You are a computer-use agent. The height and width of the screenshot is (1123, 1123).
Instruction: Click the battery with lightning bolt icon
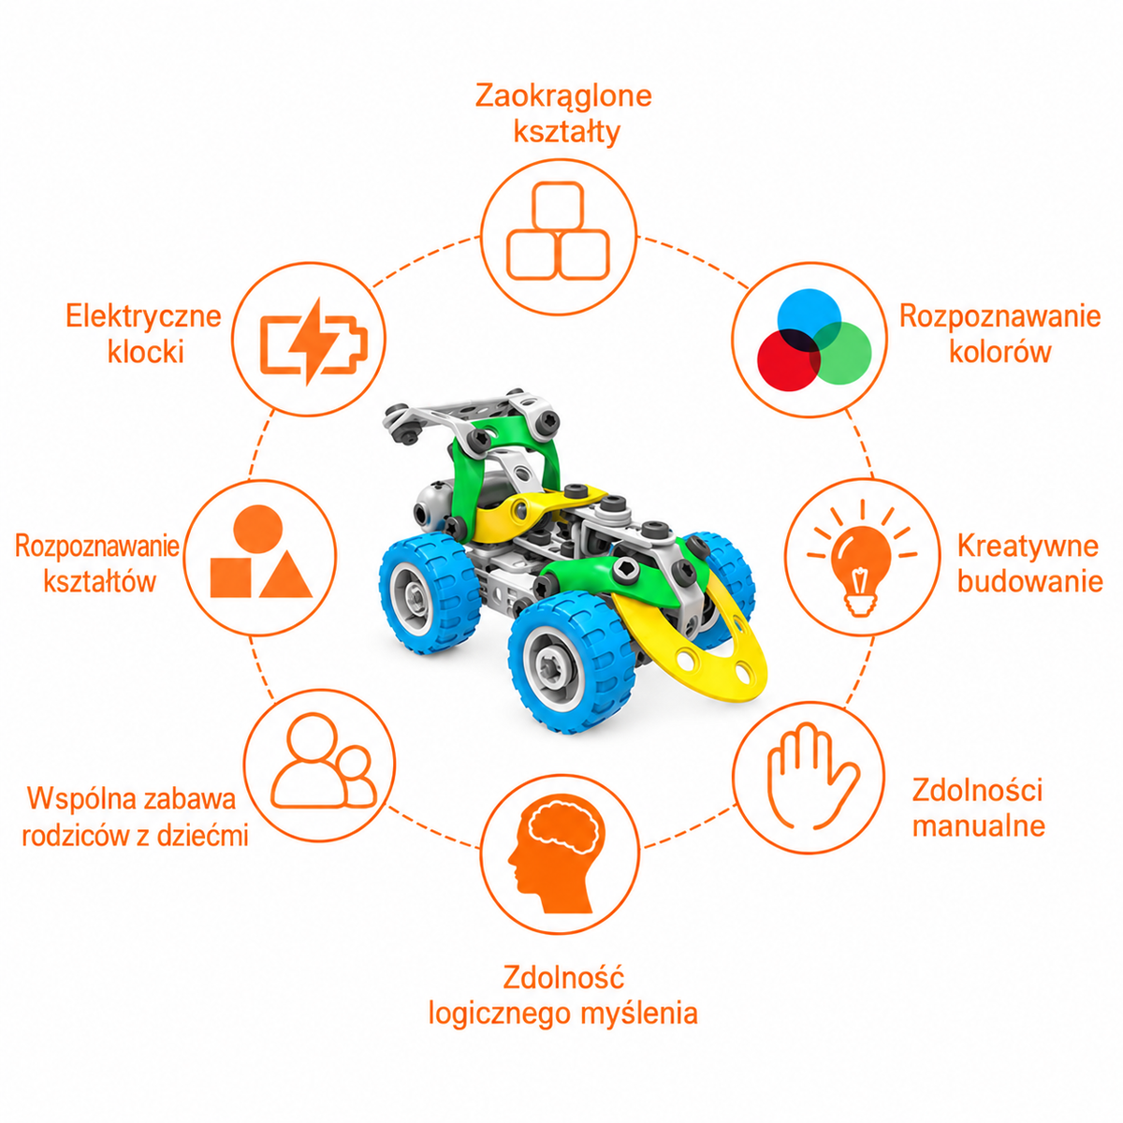click(314, 343)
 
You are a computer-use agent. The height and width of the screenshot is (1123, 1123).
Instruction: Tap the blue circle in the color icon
click(809, 319)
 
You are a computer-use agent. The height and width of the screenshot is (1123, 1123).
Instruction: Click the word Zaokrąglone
click(563, 96)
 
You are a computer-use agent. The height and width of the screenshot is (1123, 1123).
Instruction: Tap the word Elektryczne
click(143, 316)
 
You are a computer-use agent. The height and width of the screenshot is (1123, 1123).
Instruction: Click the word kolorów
click(1000, 352)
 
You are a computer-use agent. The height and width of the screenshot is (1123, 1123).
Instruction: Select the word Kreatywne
click(1028, 546)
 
